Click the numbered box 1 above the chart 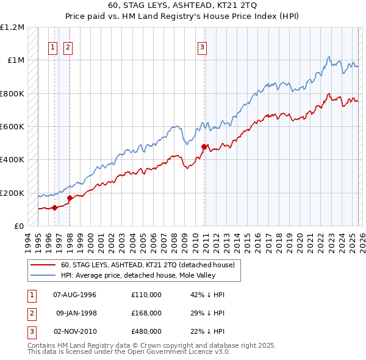(53, 47)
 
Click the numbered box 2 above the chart (68, 47)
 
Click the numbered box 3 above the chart (202, 47)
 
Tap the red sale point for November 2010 (204, 146)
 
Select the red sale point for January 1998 (70, 198)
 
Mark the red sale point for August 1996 (55, 207)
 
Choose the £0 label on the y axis (18, 226)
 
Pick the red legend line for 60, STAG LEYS (44, 265)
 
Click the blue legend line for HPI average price (44, 275)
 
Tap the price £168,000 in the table (146, 313)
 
